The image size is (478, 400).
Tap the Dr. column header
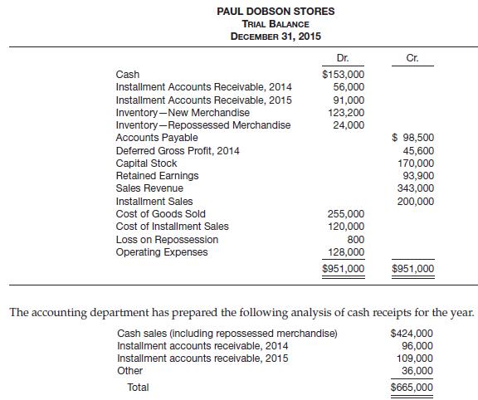[x=340, y=58]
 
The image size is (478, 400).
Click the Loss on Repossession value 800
[x=355, y=239]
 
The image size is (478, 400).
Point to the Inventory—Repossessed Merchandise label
[x=203, y=124]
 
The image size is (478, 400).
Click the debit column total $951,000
[x=343, y=269]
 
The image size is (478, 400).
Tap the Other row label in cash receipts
[x=129, y=371]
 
